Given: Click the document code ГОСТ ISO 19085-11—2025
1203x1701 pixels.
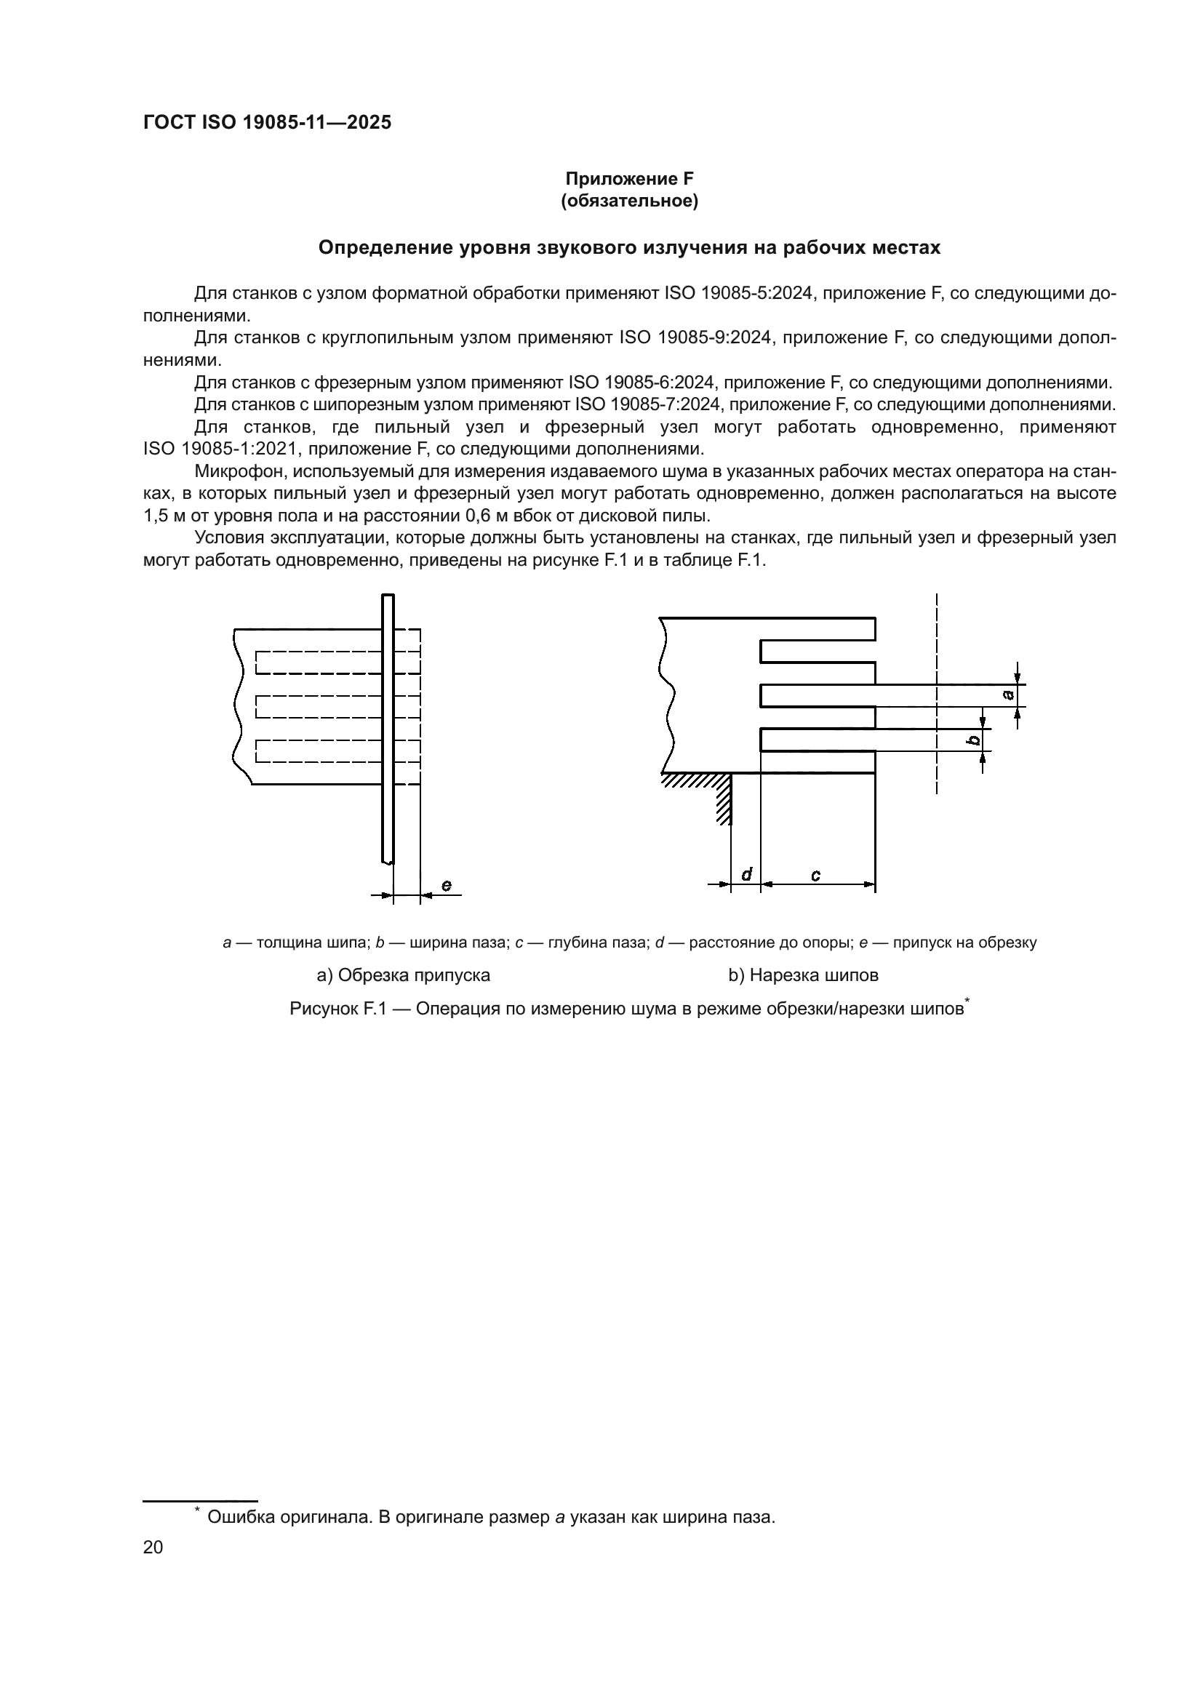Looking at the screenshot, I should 267,122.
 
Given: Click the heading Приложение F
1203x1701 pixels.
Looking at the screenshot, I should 629,179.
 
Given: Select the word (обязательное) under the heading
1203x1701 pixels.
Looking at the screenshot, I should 629,201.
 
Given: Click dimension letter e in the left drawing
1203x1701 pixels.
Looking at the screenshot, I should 446,885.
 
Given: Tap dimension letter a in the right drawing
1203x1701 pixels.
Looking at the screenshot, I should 1007,695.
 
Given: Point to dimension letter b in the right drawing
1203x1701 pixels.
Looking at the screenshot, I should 975,740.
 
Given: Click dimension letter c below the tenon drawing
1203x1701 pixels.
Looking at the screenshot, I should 815,875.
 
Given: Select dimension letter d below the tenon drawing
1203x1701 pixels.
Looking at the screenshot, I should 747,874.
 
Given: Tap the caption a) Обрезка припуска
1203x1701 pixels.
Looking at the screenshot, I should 403,975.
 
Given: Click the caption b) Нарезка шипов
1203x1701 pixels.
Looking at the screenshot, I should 803,975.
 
